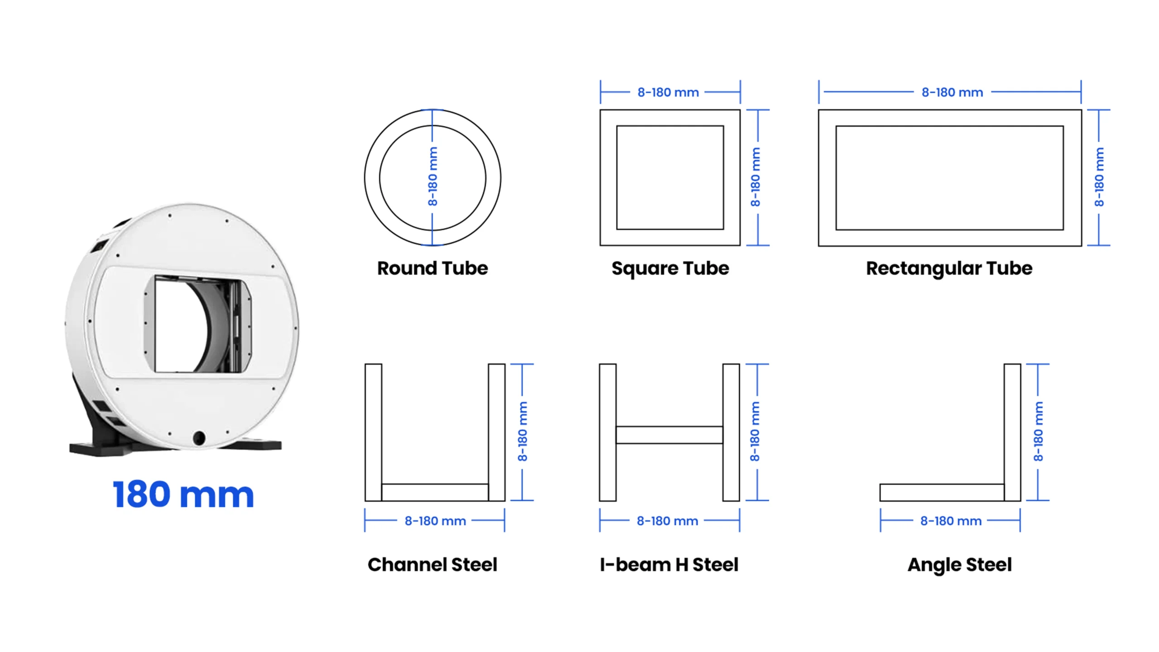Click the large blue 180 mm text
(183, 494)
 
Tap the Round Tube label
(432, 268)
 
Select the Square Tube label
(670, 268)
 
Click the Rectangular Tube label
(949, 268)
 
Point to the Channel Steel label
(432, 565)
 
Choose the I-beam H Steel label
(669, 565)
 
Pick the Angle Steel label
(959, 565)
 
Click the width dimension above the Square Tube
(668, 92)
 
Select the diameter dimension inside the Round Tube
(433, 177)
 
